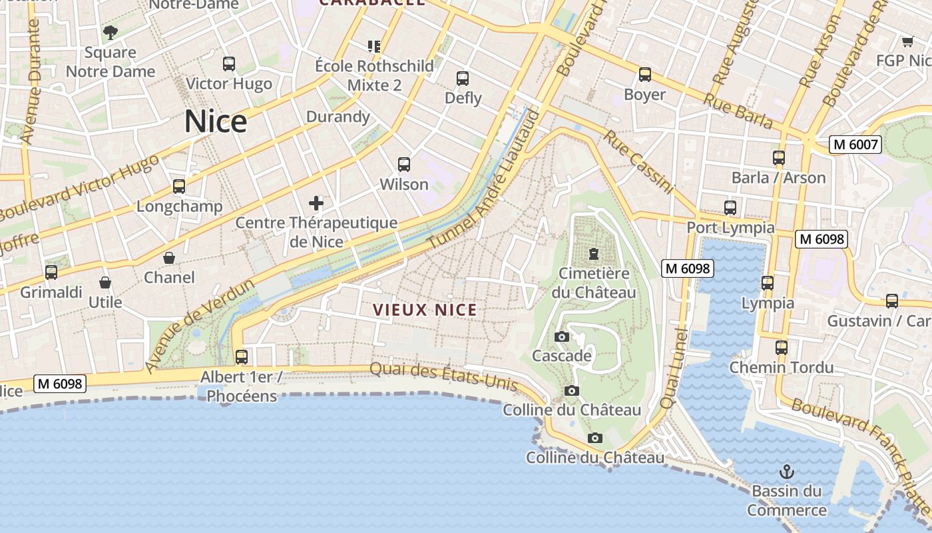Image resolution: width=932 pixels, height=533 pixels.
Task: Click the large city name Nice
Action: [x=215, y=122]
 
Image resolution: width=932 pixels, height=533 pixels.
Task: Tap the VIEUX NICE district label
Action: [x=425, y=310]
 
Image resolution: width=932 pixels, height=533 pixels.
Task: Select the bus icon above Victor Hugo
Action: [x=229, y=64]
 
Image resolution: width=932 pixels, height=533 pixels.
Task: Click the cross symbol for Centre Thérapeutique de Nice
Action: [x=316, y=203]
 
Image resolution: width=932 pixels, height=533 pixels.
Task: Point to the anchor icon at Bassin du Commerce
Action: [x=787, y=472]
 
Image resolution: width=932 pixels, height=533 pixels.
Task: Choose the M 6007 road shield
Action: [x=855, y=144]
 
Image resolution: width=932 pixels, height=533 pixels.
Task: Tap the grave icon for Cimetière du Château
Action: [x=593, y=254]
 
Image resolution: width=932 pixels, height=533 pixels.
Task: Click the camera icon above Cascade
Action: [x=562, y=336]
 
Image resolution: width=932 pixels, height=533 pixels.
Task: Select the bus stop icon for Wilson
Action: [x=403, y=165]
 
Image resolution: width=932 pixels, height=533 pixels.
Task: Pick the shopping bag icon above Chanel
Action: [x=169, y=258]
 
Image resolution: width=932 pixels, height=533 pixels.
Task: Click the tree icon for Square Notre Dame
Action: [x=111, y=32]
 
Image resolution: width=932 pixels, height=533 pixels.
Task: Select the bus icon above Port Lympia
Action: [x=730, y=208]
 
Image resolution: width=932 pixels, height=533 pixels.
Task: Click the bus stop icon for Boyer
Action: [x=644, y=75]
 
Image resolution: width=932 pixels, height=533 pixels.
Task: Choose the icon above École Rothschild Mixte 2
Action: [x=374, y=46]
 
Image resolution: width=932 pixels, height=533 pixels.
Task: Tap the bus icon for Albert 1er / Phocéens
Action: [x=242, y=357]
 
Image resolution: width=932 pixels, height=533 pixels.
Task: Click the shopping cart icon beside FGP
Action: [x=907, y=42]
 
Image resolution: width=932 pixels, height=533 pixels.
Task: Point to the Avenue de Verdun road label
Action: [x=200, y=326]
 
